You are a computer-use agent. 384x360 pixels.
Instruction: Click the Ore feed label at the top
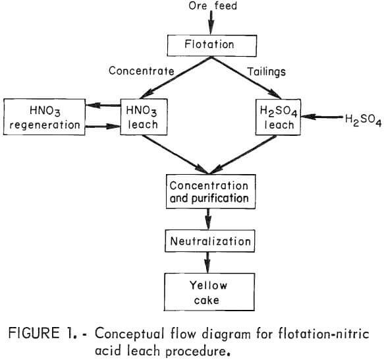(x=210, y=7)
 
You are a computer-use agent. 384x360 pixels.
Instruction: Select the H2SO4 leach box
(x=281, y=115)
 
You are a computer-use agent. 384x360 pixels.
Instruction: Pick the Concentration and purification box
(x=209, y=192)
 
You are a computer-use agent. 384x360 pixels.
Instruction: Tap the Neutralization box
(x=209, y=241)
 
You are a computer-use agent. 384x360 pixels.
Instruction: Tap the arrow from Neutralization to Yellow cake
(x=209, y=262)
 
